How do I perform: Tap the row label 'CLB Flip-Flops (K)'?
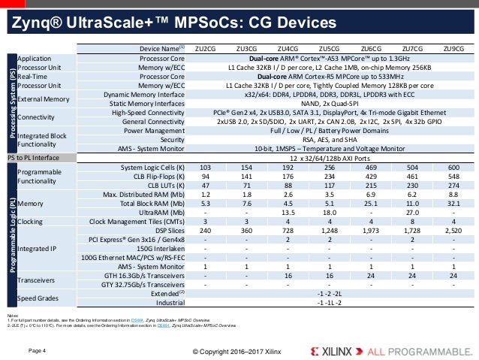coord(157,177)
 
